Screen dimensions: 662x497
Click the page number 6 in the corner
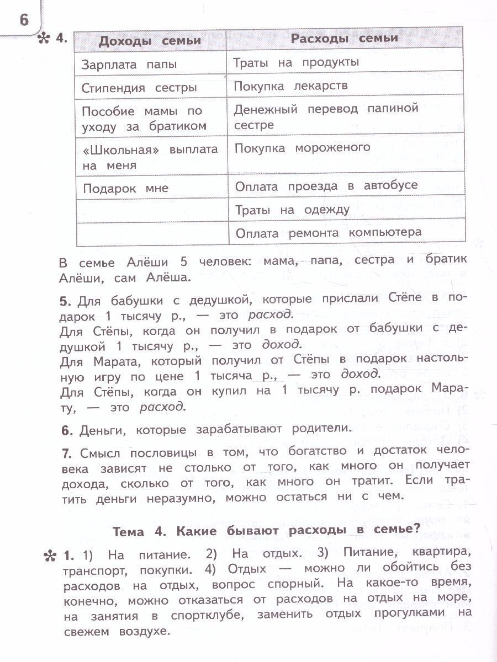(24, 19)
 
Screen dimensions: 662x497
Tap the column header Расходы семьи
(344, 38)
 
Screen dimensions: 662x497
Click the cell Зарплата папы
(129, 65)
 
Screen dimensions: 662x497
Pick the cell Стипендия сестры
(139, 88)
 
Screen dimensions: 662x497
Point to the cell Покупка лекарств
(290, 86)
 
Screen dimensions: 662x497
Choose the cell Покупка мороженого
(302, 148)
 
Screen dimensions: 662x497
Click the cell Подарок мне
(125, 188)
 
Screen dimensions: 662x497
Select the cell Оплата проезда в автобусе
(326, 186)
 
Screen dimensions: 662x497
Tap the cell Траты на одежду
(292, 210)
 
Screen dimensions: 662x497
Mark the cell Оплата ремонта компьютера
(328, 233)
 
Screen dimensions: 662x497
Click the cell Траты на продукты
(296, 62)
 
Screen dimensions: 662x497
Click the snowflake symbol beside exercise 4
(44, 39)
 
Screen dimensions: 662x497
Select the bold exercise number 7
(66, 453)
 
